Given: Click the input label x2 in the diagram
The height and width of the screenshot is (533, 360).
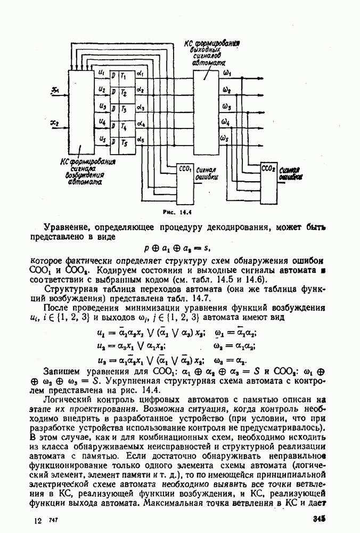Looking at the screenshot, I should click(x=54, y=124).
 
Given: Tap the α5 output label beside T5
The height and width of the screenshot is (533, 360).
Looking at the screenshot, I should click(x=141, y=139).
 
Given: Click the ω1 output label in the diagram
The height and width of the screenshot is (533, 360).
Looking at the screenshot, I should click(x=227, y=72).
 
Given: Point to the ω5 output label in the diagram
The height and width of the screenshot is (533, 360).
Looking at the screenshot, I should click(x=226, y=139).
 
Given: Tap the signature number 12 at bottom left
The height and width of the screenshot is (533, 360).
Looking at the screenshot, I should click(x=37, y=520).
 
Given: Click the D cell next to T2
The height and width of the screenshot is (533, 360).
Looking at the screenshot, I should click(x=113, y=93).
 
